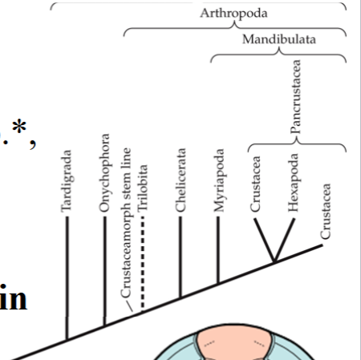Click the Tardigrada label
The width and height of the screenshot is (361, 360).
pyautogui.click(x=67, y=181)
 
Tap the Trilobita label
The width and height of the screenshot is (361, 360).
pyautogui.click(x=143, y=186)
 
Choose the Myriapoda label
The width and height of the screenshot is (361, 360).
pyautogui.click(x=219, y=180)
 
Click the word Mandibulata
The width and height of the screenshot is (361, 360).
pyautogui.click(x=278, y=38)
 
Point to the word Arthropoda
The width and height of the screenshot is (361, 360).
pyautogui.click(x=234, y=14)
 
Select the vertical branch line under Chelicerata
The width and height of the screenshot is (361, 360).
pyautogui.click(x=181, y=257)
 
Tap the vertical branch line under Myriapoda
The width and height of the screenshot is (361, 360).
pyautogui.click(x=218, y=249)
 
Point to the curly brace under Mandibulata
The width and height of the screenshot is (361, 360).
pyautogui.click(x=278, y=56)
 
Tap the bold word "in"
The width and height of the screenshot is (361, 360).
pyautogui.click(x=14, y=297)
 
